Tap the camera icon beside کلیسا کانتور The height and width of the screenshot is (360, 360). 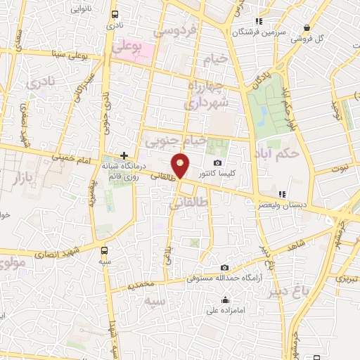tap(217, 163)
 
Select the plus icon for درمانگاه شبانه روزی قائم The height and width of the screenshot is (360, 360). tap(124, 155)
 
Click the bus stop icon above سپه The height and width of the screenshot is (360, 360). tap(105, 250)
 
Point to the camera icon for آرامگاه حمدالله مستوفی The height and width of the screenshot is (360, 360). tap(224, 267)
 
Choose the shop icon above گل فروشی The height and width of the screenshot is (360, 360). tap(307, 28)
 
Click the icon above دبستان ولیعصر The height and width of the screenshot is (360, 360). tap(282, 194)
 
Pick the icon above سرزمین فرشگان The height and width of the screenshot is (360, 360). tap(258, 21)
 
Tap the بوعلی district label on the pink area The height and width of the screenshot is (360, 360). tap(127, 47)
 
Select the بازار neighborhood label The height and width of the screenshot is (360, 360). tap(21, 177)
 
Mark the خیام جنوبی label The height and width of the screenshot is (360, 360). tap(176, 142)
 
